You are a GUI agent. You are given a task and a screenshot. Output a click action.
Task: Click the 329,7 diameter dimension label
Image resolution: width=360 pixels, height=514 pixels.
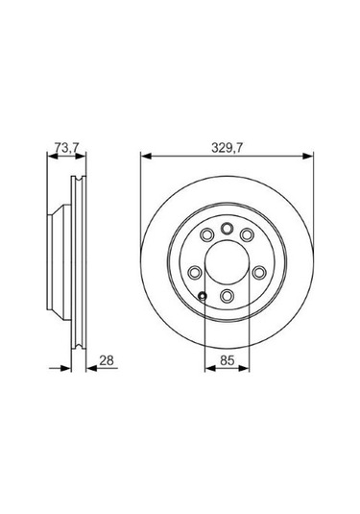coord(227,148)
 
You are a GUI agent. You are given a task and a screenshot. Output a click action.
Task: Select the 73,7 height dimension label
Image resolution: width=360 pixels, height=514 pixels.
coord(66,148)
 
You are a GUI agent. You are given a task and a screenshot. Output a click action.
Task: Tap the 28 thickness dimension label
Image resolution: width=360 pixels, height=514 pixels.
coord(107,360)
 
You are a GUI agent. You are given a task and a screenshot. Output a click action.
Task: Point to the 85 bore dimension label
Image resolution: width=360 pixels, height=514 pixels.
coord(227,360)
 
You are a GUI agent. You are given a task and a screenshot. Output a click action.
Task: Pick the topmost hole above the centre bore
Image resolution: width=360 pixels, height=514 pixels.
coord(227,228)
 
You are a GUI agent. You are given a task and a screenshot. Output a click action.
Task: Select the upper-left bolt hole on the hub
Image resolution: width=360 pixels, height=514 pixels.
coord(206,234)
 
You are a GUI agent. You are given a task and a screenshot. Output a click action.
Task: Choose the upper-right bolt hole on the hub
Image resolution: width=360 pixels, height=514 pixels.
coord(247,234)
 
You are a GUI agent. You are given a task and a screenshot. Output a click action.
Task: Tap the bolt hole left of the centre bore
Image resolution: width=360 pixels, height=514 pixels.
coord(195,273)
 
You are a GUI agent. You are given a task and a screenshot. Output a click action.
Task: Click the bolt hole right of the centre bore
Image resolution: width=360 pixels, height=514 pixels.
coord(259,273)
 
